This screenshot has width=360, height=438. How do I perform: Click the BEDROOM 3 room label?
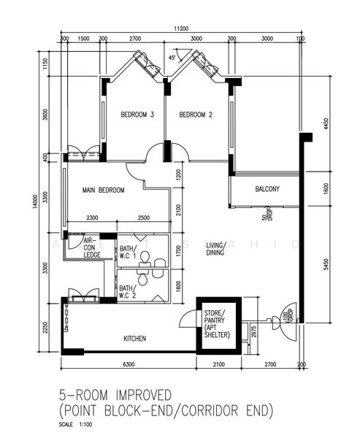pyautogui.click(x=137, y=115)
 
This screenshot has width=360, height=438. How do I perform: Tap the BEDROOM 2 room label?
pyautogui.click(x=196, y=115)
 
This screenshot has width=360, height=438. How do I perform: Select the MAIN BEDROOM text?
pyautogui.click(x=103, y=190)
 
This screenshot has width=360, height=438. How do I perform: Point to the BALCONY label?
pyautogui.click(x=267, y=189)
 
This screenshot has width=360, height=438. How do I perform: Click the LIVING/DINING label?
pyautogui.click(x=216, y=249)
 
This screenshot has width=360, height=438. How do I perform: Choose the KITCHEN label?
pyautogui.click(x=134, y=339)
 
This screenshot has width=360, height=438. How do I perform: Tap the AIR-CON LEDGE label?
pyautogui.click(x=91, y=247)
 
